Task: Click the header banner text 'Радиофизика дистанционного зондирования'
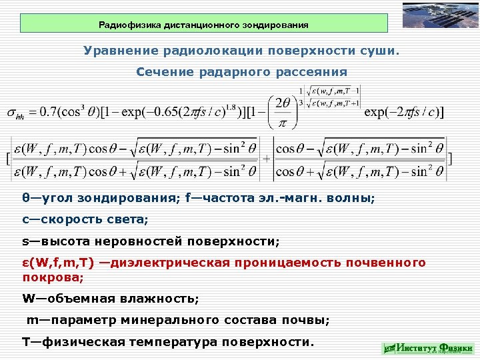pos(203,25)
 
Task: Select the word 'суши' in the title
pos(379,51)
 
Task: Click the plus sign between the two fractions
pos(267,159)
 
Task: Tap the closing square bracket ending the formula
pos(451,159)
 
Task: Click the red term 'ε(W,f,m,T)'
pos(59,263)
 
